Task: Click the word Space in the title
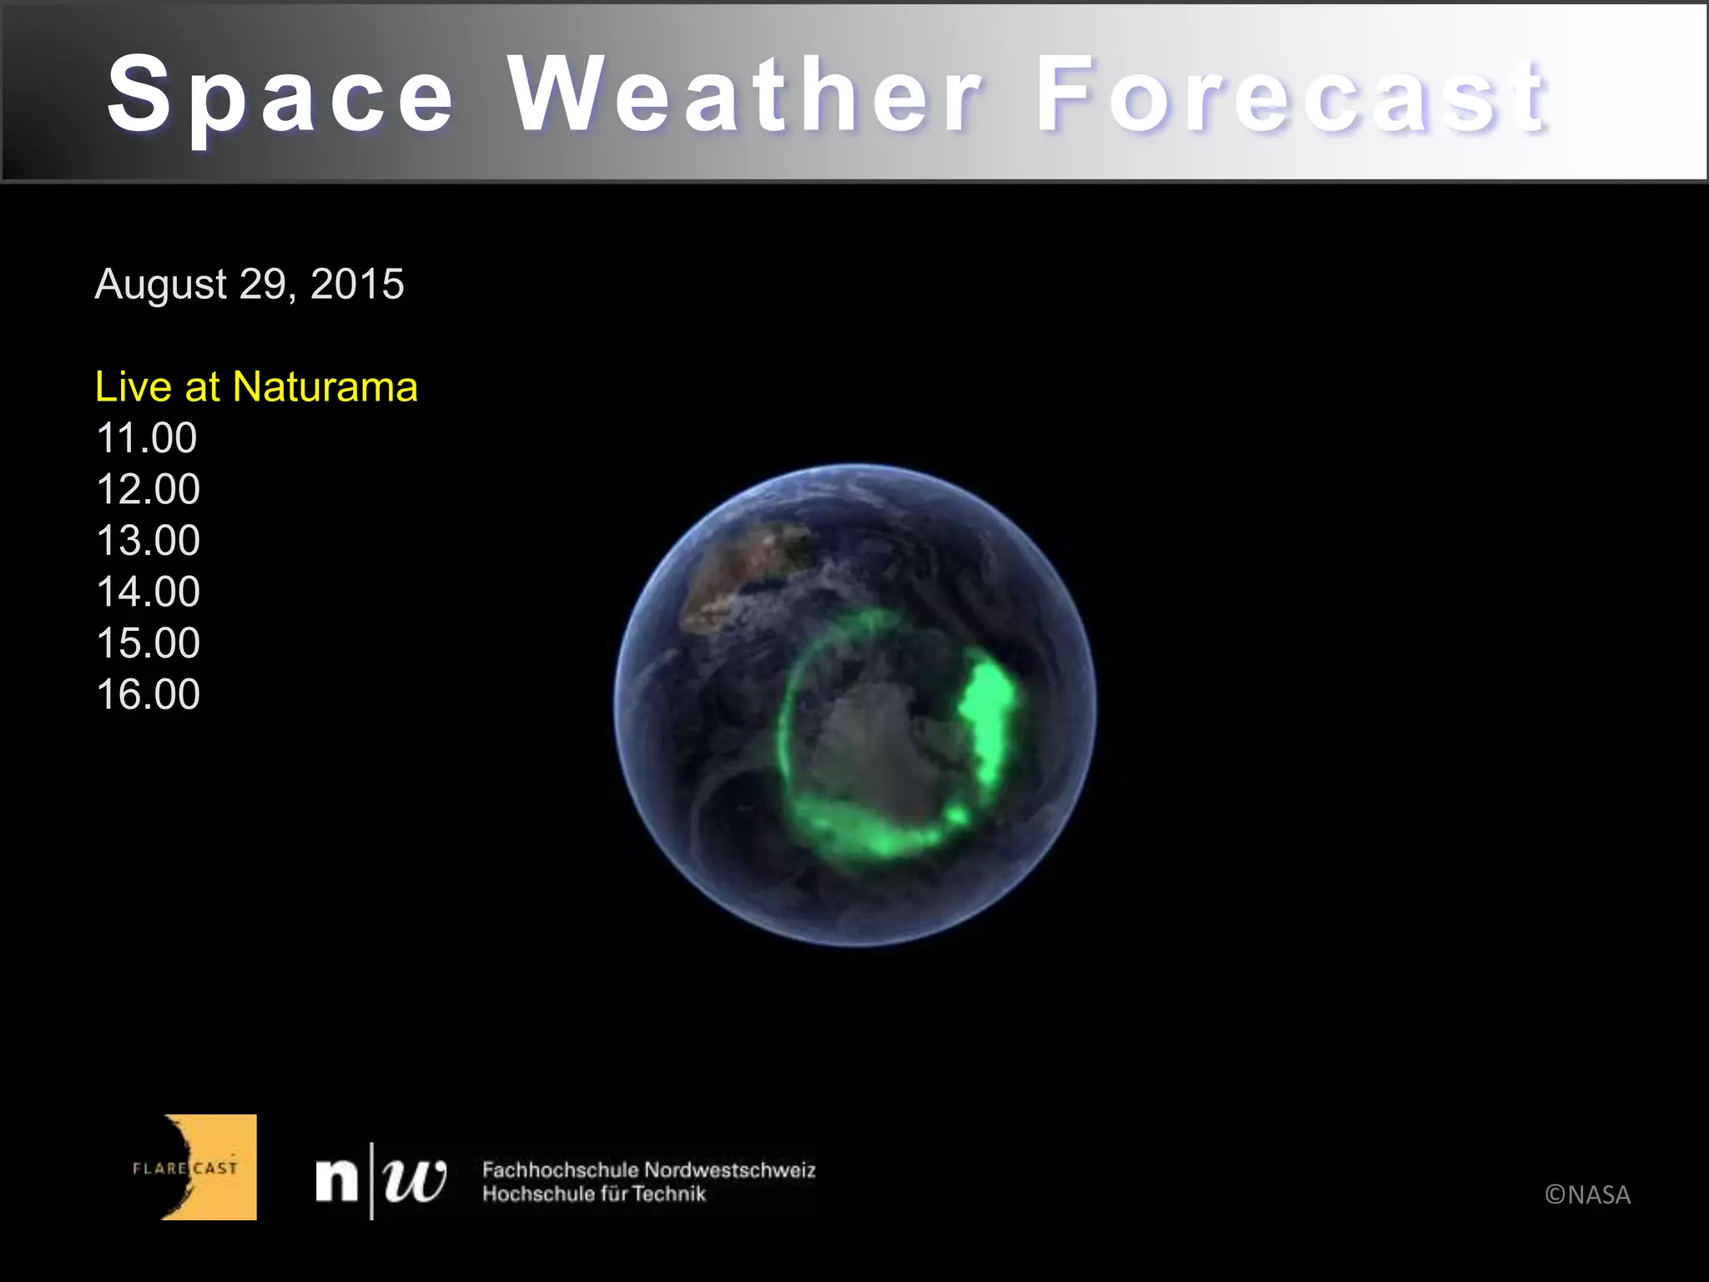coord(280,93)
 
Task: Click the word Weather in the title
coord(745,93)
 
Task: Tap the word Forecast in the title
coord(1292,93)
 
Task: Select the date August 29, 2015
coord(250,284)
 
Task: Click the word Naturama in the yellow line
coord(325,387)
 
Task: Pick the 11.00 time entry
coord(147,438)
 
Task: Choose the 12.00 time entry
coord(149,489)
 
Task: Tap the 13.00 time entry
coord(149,541)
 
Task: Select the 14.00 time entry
coord(149,592)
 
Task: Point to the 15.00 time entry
coord(149,644)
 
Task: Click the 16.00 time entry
coord(149,694)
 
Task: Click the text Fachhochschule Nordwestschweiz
coord(648,1170)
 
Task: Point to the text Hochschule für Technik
coord(593,1194)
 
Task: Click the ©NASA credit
coord(1587,1195)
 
